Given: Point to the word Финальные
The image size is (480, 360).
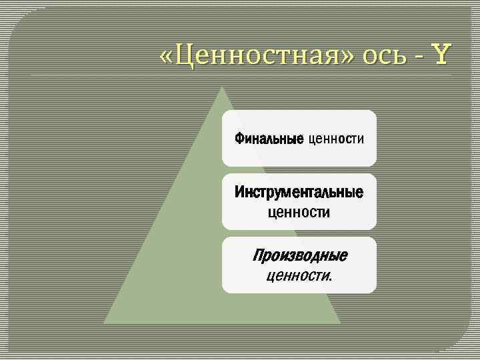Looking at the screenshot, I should (269, 139).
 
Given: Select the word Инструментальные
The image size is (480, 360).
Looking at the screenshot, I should (299, 193).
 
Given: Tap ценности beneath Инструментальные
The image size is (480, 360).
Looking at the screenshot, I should (299, 213).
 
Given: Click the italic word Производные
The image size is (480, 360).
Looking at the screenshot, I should (299, 255).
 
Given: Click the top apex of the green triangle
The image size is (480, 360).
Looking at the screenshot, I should (221, 87).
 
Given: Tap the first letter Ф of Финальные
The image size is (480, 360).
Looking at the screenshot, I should (239, 139).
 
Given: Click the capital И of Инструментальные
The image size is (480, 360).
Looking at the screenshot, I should (239, 193).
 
